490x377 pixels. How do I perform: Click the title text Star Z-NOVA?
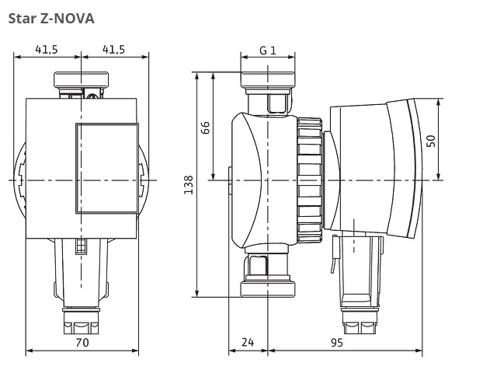pyautogui.click(x=50, y=18)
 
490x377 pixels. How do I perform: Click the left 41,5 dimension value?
pyautogui.click(x=47, y=49)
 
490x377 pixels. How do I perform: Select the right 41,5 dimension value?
pyautogui.click(x=113, y=49)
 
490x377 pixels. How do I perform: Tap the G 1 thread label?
pyautogui.click(x=268, y=50)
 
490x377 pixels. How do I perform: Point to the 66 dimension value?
pyautogui.click(x=207, y=127)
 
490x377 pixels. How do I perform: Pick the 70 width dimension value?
pyautogui.click(x=82, y=342)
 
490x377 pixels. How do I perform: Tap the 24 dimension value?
pyautogui.click(x=248, y=342)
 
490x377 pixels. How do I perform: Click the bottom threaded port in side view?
pyautogui.click(x=268, y=288)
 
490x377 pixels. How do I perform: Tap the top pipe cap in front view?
pyautogui.click(x=82, y=80)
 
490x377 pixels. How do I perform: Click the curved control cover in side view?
pyautogui.click(x=388, y=167)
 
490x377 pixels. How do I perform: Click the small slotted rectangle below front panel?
pyautogui.click(x=81, y=246)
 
